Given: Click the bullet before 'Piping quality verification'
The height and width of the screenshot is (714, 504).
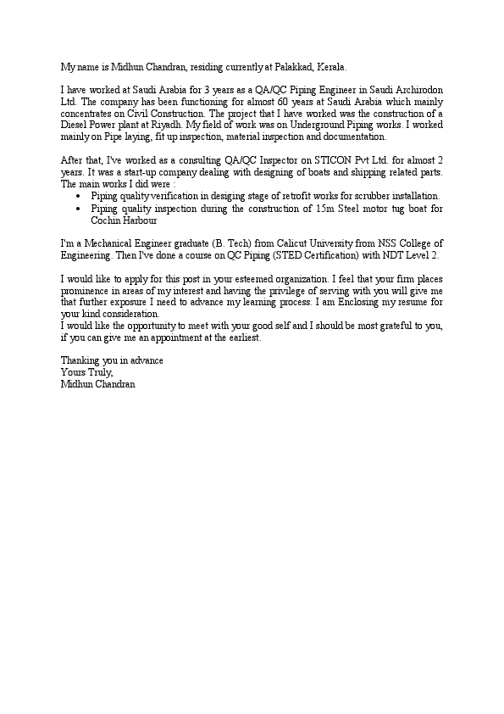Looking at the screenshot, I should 79,196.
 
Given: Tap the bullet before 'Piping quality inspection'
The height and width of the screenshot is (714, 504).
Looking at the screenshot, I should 79,208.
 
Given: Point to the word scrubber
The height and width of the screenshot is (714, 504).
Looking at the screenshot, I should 349,196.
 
